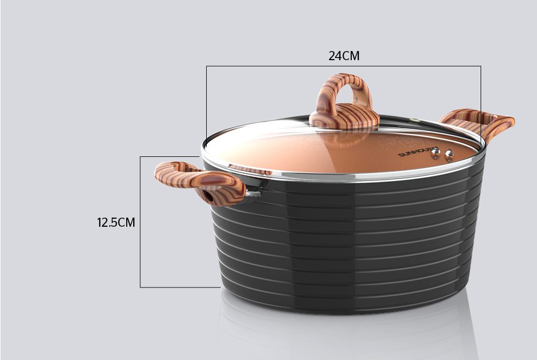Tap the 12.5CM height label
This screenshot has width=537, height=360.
tap(116, 222)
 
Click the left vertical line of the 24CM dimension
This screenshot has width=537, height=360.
tap(207, 102)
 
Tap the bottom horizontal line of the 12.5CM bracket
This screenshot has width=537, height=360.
tap(180, 287)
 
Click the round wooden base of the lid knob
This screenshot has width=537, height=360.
tap(344, 121)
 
